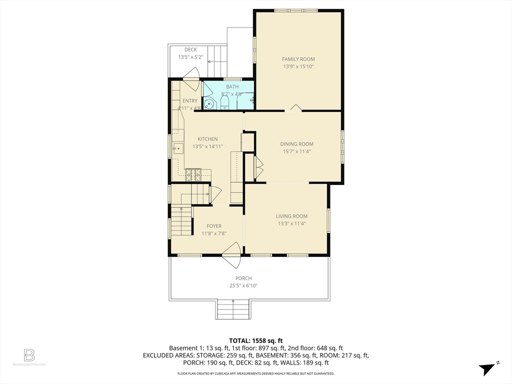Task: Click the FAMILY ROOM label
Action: (298, 59)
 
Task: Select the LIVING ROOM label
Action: (291, 216)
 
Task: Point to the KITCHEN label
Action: (207, 139)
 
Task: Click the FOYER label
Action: (214, 226)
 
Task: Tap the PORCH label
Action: (243, 278)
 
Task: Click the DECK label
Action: (190, 49)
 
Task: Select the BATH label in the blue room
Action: (232, 86)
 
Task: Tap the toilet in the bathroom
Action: (224, 103)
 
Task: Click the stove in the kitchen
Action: (193, 174)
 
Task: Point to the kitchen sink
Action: (177, 148)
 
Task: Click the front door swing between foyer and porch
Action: (231, 255)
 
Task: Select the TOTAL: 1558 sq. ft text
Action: (255, 340)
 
